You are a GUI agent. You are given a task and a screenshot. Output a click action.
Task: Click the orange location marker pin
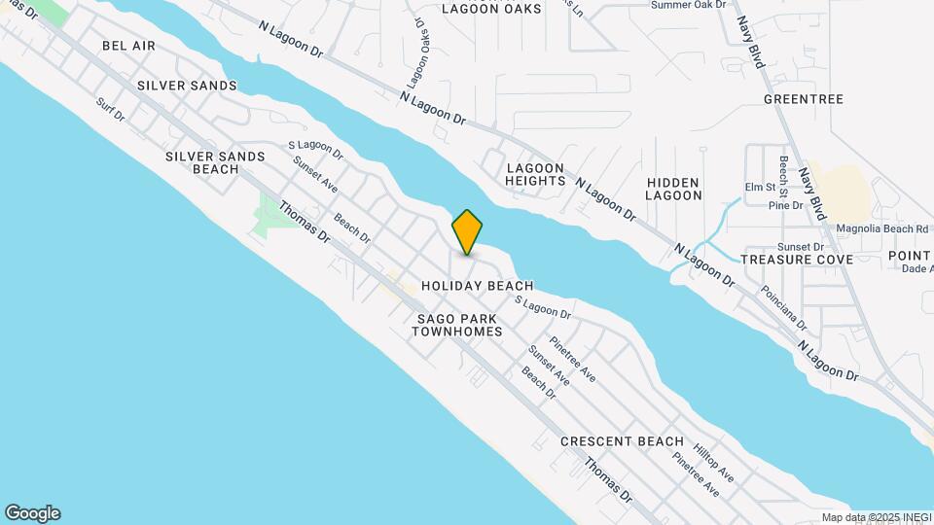click(467, 231)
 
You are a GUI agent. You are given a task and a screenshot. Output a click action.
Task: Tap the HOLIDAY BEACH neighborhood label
click(477, 286)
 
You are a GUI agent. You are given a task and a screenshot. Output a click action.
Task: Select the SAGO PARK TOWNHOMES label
click(456, 325)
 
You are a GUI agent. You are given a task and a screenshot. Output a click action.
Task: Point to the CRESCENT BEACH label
click(622, 441)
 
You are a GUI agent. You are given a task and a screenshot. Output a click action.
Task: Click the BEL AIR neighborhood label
click(128, 46)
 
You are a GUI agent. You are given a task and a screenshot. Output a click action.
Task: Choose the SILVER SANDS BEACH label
click(215, 162)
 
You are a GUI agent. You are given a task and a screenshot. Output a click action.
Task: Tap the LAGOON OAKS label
click(491, 9)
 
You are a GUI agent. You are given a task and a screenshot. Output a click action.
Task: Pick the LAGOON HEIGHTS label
click(535, 174)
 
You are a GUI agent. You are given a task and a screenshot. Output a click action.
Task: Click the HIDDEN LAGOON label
click(673, 189)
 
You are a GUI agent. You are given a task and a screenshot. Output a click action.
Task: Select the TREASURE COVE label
click(796, 260)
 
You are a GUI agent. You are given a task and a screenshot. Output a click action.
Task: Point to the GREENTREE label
click(803, 99)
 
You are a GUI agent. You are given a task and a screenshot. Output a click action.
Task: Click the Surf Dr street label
click(111, 109)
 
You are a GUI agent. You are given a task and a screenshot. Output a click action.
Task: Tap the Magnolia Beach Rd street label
click(881, 229)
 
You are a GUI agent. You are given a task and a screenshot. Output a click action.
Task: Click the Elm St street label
click(759, 187)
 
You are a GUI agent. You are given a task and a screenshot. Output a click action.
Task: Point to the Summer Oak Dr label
click(688, 5)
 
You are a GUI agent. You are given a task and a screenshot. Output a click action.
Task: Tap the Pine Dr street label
click(785, 205)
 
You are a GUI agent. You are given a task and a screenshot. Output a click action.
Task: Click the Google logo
click(32, 513)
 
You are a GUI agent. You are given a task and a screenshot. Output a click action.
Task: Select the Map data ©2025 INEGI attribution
click(875, 517)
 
